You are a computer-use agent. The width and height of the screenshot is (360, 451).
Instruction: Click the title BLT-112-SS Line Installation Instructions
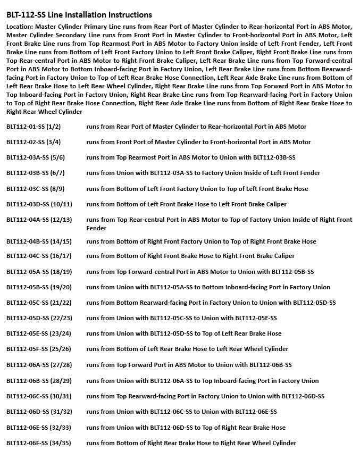point(79,15)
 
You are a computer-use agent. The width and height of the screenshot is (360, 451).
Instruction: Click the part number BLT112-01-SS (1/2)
point(34,127)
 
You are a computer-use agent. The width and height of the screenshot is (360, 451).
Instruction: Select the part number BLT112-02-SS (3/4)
point(34,142)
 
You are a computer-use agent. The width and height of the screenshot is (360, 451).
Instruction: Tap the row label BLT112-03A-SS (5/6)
point(36,157)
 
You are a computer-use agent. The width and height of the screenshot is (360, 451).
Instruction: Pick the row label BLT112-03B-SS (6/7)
point(36,173)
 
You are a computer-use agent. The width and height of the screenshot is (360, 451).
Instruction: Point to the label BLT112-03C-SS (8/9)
point(36,189)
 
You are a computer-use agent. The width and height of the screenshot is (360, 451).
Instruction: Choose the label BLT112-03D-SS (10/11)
point(39,204)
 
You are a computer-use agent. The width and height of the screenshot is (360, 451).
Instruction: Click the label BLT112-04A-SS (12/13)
point(39,220)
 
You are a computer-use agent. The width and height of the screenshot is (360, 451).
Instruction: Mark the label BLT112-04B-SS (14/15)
point(39,241)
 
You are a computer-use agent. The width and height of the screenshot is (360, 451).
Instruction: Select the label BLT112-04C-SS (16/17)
point(39,256)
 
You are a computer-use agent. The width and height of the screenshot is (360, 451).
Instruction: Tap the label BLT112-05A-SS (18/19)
point(39,272)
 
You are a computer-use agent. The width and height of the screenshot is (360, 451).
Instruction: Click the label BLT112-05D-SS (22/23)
point(39,318)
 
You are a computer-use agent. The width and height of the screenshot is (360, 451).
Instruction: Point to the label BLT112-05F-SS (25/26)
point(39,349)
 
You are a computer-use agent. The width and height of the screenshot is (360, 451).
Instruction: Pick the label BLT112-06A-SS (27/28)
point(39,365)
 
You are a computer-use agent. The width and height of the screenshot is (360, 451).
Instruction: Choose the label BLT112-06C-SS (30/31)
point(39,396)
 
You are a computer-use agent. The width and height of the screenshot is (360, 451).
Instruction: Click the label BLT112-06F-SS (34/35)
point(39,443)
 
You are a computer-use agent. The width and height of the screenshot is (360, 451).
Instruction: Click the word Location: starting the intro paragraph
point(20,26)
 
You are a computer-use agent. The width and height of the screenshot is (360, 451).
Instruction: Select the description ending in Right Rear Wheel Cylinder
point(191,443)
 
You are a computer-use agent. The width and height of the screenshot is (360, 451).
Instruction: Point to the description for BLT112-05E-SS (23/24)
point(183,333)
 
